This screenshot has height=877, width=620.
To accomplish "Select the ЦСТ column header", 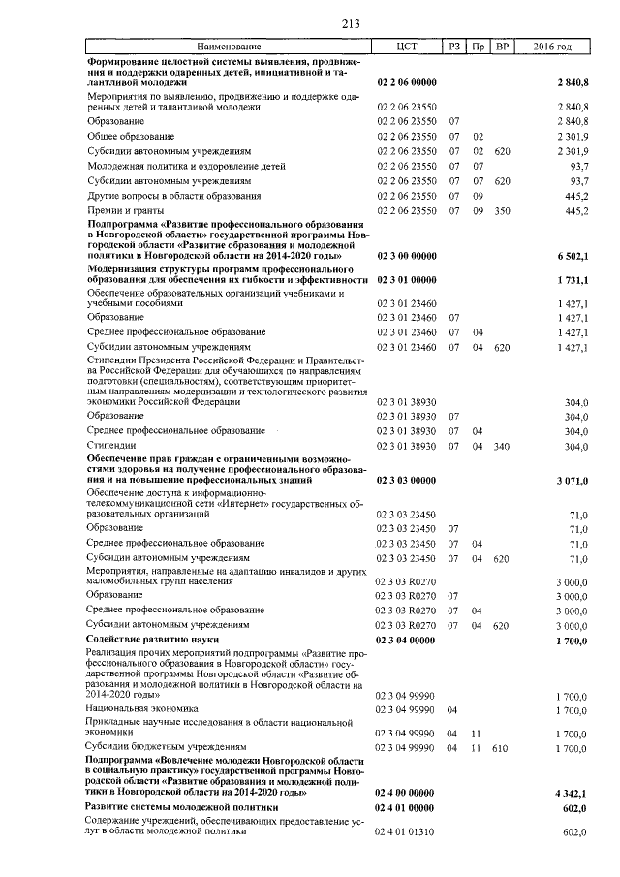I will tap(407, 47).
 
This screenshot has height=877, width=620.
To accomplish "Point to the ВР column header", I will tap(502, 47).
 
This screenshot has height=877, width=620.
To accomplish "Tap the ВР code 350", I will tap(502, 210).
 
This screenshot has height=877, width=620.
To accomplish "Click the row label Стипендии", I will tap(110, 445).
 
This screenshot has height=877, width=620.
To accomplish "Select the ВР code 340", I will tap(502, 445).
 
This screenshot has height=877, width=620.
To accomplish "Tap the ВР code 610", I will tap(502, 747).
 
